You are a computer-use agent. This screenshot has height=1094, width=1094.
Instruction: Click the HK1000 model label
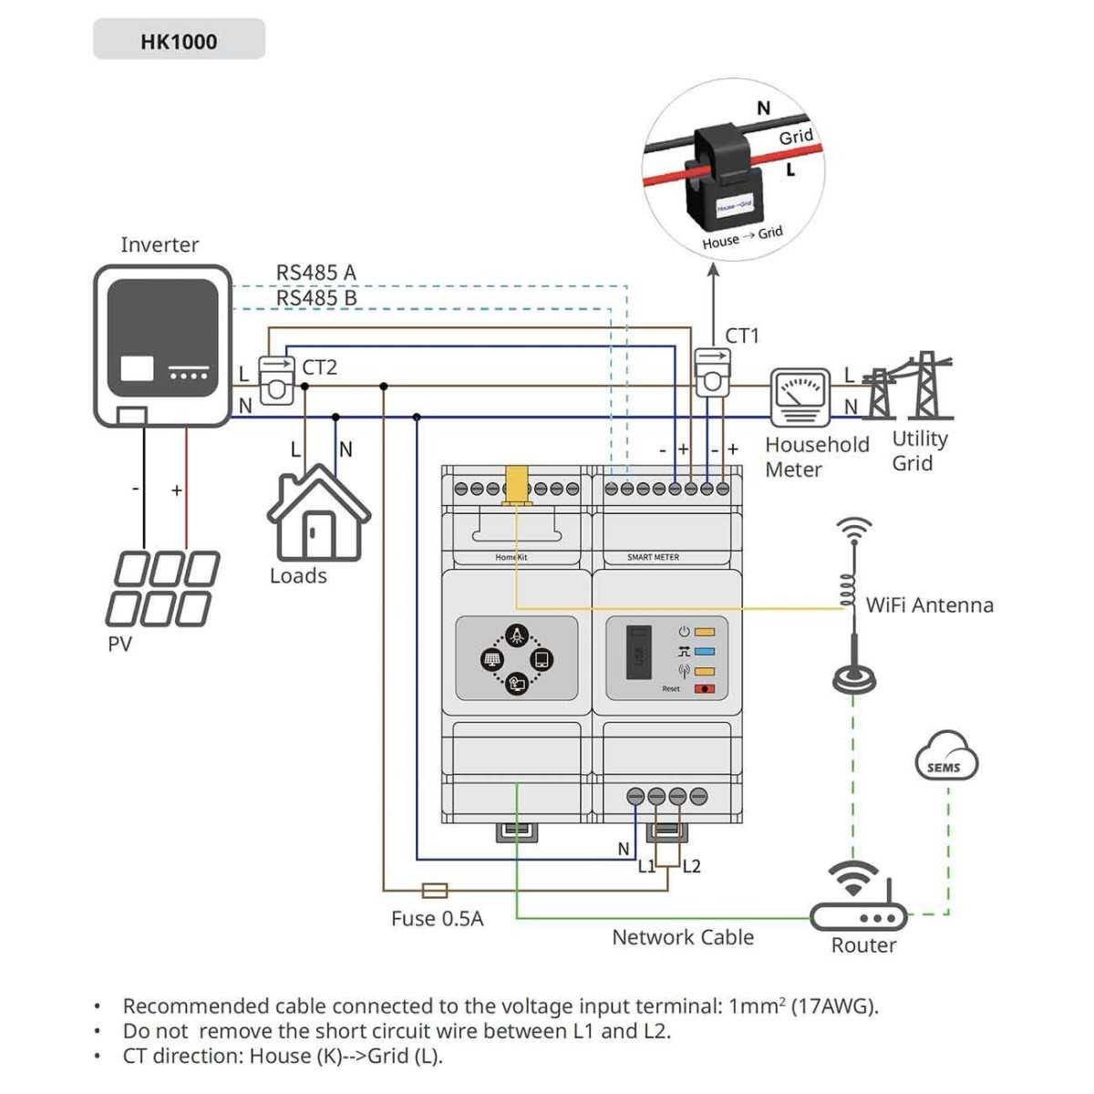pos(179,41)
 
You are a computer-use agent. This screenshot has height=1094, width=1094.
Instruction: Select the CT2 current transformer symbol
pos(276,380)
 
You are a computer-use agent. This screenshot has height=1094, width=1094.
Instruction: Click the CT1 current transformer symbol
pos(712,373)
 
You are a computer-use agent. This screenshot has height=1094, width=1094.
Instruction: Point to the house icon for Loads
pos(318,514)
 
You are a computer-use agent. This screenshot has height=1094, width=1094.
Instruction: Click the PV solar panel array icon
pos(164,589)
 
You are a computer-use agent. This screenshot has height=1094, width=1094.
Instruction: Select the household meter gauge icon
pos(800,397)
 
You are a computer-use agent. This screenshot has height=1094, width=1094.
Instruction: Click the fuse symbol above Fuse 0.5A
pos(434,890)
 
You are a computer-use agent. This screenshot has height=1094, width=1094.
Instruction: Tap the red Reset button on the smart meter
pos(705,688)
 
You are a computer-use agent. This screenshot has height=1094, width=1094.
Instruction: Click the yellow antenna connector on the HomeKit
pos(516,484)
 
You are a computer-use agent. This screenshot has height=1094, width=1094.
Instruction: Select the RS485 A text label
pos(315,273)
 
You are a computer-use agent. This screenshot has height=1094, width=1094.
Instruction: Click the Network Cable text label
pos(683,937)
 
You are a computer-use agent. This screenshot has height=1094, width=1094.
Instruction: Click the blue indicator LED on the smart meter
pos(705,652)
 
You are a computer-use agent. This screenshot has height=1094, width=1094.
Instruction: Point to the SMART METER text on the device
pos(653,557)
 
